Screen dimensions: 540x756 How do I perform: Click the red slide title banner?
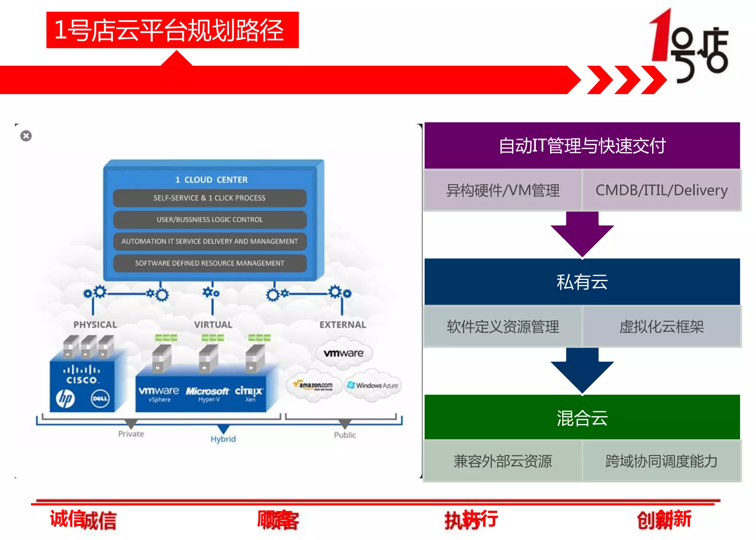coord(172,30)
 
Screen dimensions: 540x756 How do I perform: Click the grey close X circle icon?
coord(26,136)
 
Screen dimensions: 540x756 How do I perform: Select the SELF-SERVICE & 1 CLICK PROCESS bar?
coord(209,198)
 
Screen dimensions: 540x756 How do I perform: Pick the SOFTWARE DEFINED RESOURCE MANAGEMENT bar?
coord(209,263)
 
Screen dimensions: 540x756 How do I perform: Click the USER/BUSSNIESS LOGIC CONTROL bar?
coord(209,219)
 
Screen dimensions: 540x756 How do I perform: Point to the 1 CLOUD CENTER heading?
coord(211,180)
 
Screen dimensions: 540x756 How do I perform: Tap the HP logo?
coord(66,399)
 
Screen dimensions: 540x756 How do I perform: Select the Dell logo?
coord(100,399)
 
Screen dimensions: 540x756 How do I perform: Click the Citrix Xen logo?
coord(249,393)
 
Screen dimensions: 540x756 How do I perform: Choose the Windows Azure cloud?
coord(373,386)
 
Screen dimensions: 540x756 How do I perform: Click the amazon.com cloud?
coord(315,386)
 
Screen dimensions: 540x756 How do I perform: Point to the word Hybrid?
coord(223,439)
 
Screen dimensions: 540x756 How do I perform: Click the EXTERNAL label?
coord(343,325)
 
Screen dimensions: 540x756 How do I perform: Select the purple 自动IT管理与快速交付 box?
coord(582,146)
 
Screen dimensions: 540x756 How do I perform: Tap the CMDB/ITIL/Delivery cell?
coord(661,190)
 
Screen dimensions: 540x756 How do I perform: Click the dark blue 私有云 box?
coord(582,282)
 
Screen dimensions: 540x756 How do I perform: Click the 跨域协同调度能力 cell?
coord(661,461)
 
